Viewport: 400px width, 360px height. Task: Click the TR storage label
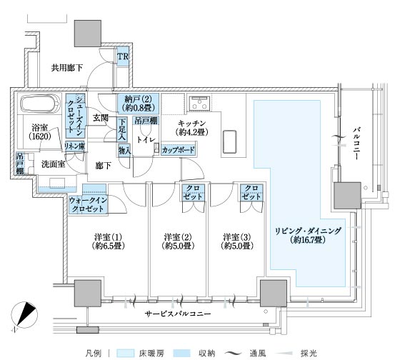(x=123, y=56)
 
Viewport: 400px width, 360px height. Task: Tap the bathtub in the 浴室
(x=41, y=104)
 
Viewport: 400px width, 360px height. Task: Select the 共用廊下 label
(x=67, y=68)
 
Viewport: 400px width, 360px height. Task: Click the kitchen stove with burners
(x=199, y=103)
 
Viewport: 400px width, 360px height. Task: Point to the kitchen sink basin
(x=229, y=141)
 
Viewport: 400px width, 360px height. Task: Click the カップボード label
(x=179, y=150)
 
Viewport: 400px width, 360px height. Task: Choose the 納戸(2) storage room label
(x=139, y=103)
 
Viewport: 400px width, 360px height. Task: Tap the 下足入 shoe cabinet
(x=122, y=129)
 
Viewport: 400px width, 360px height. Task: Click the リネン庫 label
(x=74, y=146)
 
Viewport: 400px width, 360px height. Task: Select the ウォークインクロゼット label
(x=88, y=204)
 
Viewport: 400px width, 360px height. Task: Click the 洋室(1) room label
(x=108, y=241)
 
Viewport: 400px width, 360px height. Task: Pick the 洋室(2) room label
(x=178, y=241)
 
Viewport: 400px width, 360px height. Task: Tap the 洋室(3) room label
(x=237, y=241)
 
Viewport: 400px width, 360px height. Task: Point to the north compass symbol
(x=24, y=314)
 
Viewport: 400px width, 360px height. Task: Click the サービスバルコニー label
(x=178, y=314)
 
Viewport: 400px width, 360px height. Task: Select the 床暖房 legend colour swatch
(x=125, y=353)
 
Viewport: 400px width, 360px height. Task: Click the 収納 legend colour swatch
(x=181, y=353)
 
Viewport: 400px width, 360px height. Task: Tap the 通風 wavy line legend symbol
(x=233, y=354)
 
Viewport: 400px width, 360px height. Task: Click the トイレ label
(x=146, y=139)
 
